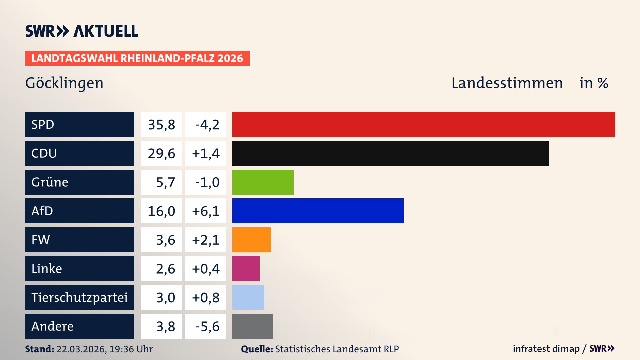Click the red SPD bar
(x=423, y=124)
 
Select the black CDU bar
(x=391, y=153)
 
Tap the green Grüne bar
(x=263, y=182)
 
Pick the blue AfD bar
(x=318, y=211)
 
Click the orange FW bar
(x=251, y=240)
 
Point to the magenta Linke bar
(x=246, y=268)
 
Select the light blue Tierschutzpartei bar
(x=248, y=297)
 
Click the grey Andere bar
(x=252, y=326)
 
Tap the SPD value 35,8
(x=161, y=125)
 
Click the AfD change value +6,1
(x=206, y=211)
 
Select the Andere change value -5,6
(x=207, y=326)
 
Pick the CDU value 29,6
(x=161, y=153)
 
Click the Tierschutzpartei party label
(x=79, y=297)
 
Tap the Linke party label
(x=47, y=269)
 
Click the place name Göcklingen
(x=64, y=83)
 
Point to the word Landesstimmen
(x=507, y=83)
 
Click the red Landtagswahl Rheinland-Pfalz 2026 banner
(x=137, y=58)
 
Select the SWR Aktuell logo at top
(x=82, y=31)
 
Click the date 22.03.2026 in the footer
(x=81, y=349)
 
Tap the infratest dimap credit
(x=546, y=349)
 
